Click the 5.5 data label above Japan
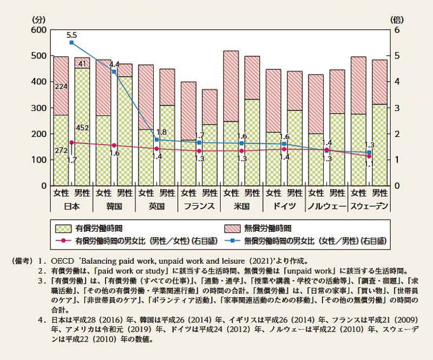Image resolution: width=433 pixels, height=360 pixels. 71,34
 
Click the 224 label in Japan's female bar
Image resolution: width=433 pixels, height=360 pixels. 61,85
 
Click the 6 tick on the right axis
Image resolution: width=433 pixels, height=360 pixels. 395,30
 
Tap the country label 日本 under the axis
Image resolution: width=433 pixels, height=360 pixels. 71,206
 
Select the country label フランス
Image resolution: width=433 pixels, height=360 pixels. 200,206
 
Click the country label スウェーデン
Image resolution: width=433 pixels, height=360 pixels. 370,206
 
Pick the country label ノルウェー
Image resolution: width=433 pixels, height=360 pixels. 326,206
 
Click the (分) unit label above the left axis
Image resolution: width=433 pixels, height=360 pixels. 39,19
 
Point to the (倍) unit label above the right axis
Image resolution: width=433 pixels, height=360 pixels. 397,19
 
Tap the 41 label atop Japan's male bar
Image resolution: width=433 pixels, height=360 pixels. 82,64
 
